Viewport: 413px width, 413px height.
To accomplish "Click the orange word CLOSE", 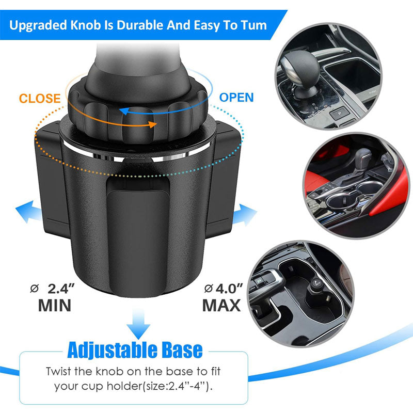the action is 40,98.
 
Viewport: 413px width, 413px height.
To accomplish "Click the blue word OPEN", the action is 236,97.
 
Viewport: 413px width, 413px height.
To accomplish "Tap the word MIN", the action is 55,305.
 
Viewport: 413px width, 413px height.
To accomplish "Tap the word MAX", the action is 221,305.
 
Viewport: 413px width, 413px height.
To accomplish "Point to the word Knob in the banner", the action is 86,25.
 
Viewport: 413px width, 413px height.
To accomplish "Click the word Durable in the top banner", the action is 140,25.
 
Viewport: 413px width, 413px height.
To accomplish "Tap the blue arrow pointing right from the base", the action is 244,215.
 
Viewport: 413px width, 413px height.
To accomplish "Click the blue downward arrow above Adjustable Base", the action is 138,324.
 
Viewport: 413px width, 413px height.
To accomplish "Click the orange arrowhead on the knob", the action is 152,124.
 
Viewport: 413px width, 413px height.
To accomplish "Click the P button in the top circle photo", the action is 340,113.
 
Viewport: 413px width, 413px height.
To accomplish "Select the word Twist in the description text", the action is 58,371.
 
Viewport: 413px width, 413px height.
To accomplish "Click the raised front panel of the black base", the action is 138,237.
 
